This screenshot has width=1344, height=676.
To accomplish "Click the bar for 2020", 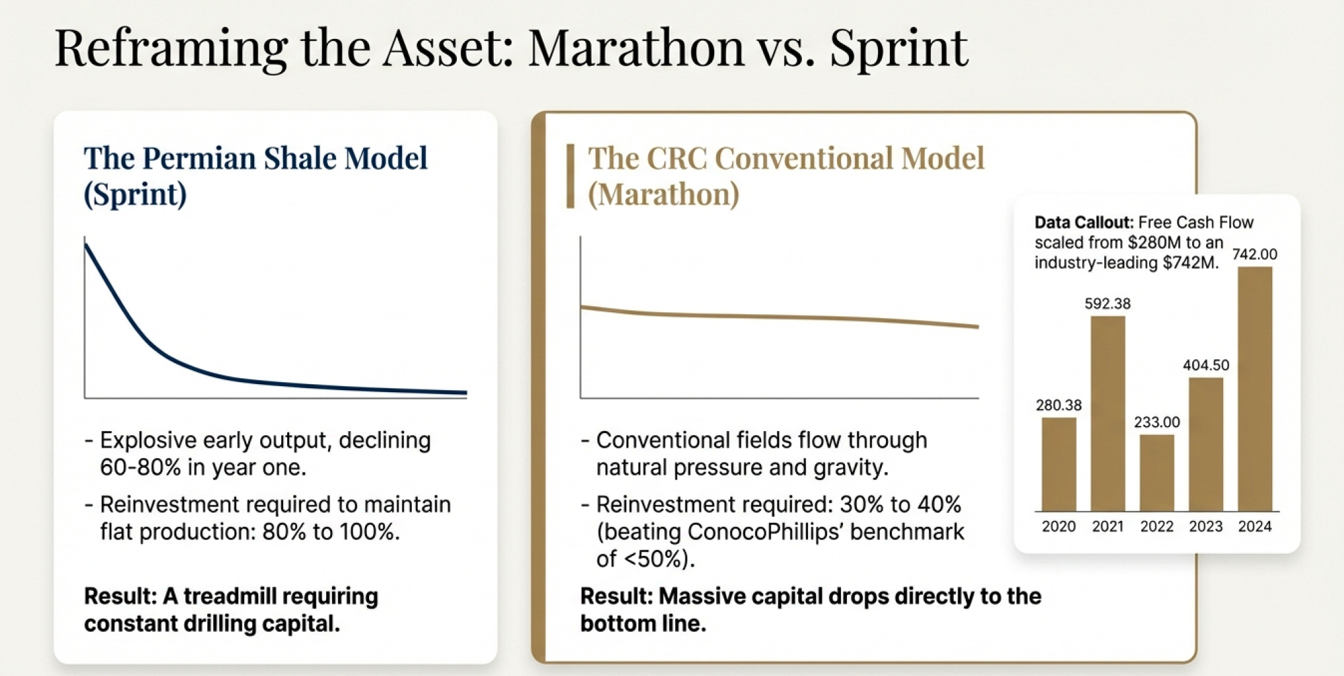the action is [x=1059, y=465].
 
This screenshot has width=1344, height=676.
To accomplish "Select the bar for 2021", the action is [x=1108, y=414].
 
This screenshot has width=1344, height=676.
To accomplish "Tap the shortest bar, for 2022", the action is [x=1157, y=473].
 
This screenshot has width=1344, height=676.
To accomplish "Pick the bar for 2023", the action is [x=1206, y=444].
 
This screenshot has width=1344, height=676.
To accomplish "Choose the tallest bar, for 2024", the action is [x=1255, y=389].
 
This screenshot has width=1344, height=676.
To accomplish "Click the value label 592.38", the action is [x=1108, y=304].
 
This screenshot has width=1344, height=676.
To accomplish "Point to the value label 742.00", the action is [x=1255, y=254].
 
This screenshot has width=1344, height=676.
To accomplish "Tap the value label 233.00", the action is [x=1157, y=422].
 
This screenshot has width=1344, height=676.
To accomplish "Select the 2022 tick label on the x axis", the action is [x=1157, y=526].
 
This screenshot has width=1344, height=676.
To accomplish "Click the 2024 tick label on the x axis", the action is [x=1255, y=526].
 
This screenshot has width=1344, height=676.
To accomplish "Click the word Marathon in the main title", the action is [x=636, y=48].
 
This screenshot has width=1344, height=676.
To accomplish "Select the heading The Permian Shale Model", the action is [x=255, y=158].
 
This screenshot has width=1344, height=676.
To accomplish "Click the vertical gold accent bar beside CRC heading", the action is [x=570, y=176].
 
